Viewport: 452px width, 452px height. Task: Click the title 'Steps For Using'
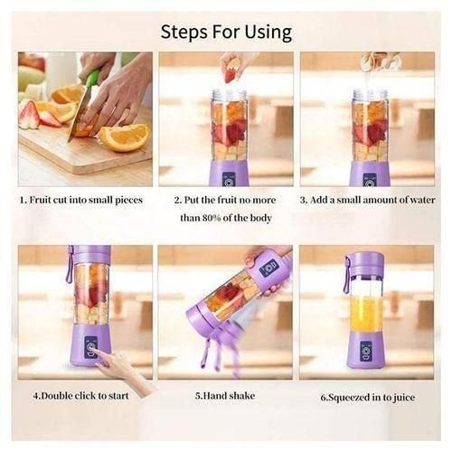coord(226,32)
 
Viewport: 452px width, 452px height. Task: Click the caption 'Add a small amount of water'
coord(370,200)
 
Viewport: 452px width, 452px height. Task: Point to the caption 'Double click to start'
coord(84,395)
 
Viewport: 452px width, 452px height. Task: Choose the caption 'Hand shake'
coord(225,395)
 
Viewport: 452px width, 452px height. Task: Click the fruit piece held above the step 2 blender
coord(231,73)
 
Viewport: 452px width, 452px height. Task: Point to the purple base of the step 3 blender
coord(369,174)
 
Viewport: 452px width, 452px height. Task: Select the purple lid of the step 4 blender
coord(91,254)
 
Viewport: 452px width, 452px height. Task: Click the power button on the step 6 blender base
coord(366,348)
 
